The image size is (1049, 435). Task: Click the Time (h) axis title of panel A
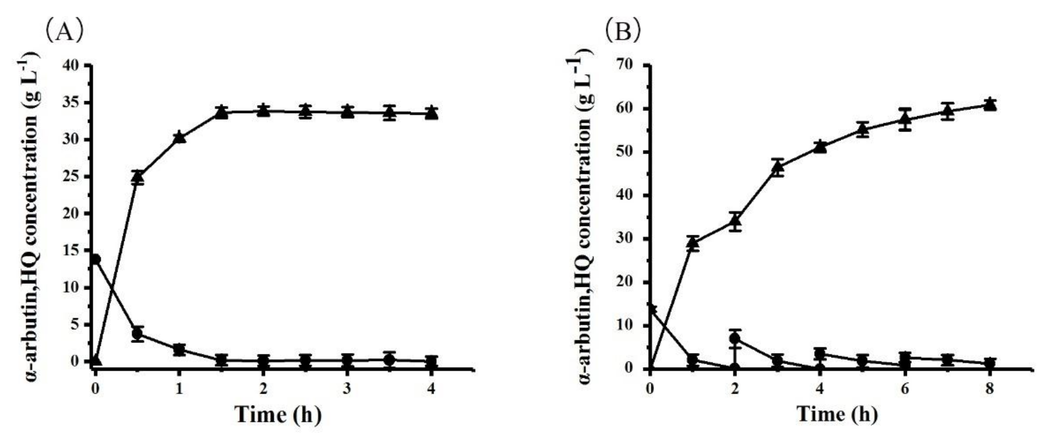coord(278,415)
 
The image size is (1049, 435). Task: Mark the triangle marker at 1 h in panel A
coord(180,138)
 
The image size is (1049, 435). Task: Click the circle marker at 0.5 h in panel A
coord(138,334)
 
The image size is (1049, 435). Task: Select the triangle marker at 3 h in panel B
coord(778,167)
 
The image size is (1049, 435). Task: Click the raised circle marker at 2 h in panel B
coord(735,338)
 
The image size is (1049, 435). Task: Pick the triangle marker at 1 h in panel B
coord(692,243)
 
